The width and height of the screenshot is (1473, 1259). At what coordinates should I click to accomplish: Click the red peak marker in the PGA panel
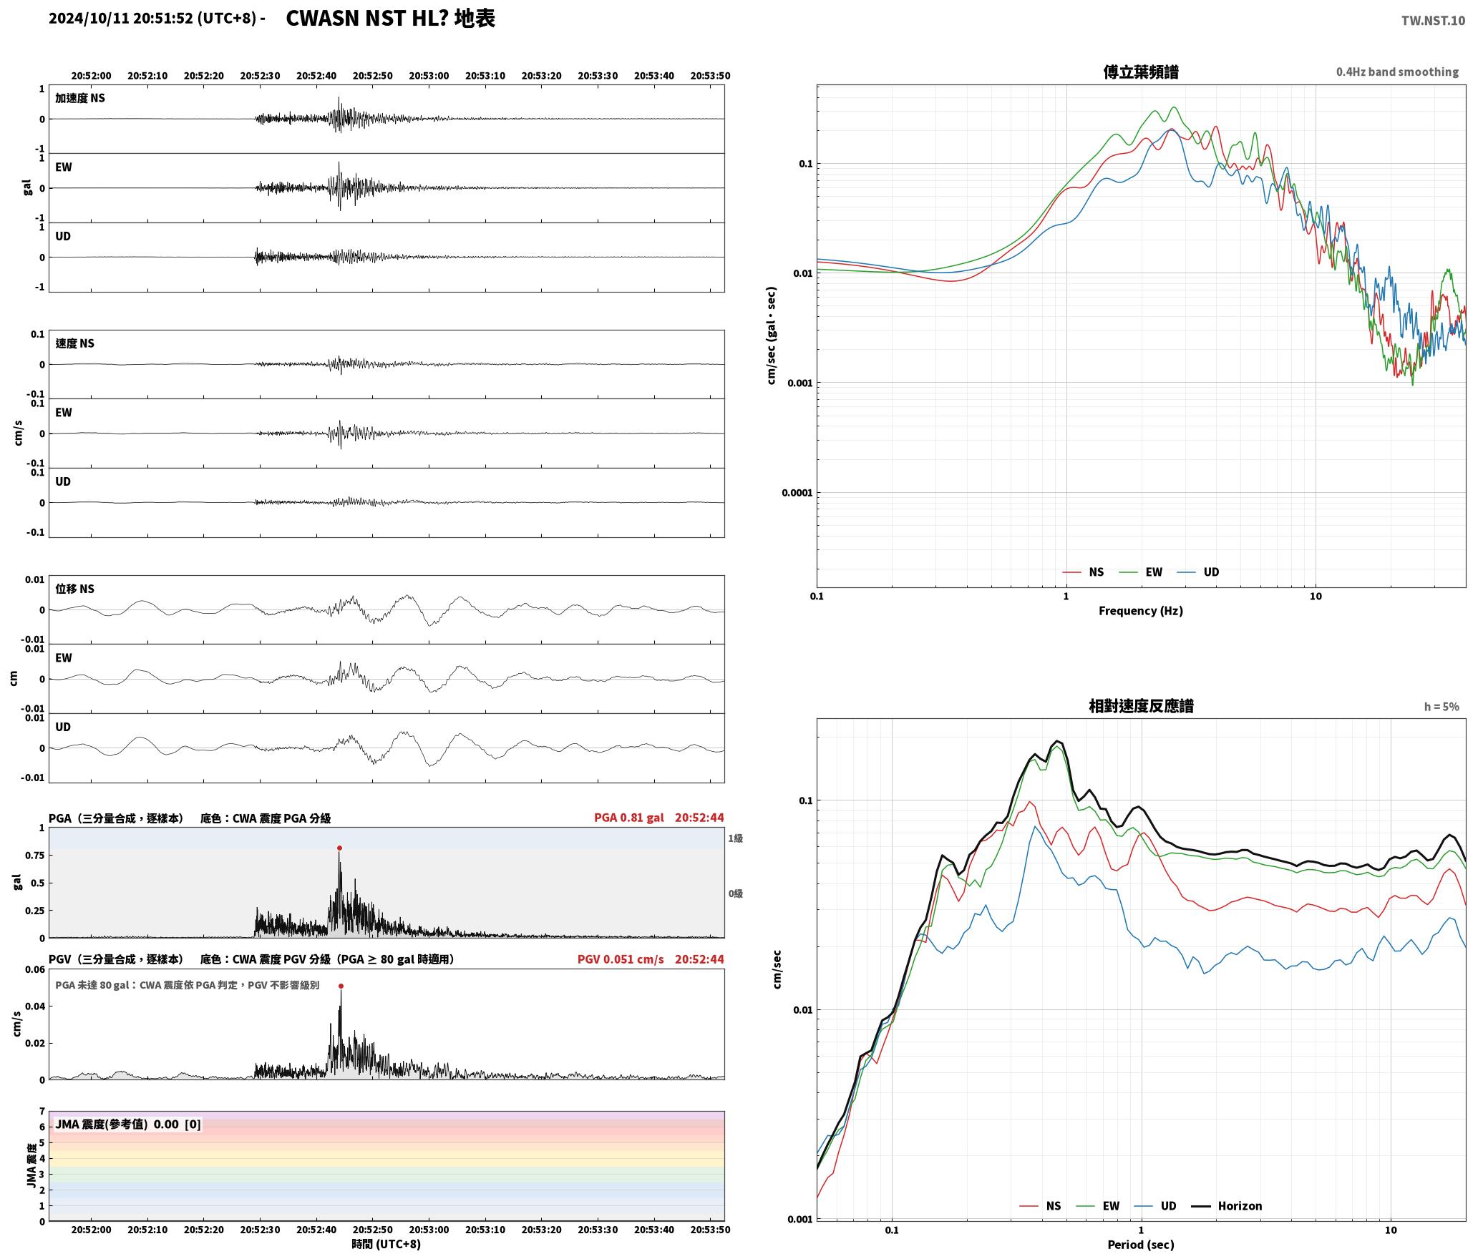click(x=339, y=848)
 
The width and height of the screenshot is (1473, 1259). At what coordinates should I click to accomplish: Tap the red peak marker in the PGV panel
click(x=341, y=986)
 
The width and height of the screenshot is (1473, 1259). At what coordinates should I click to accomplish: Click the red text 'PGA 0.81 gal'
click(x=628, y=818)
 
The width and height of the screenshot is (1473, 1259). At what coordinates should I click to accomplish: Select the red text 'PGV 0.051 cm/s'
click(x=621, y=959)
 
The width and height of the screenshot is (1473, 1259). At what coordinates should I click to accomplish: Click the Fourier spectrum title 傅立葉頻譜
click(x=1141, y=72)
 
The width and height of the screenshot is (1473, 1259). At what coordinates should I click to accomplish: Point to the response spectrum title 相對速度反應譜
click(x=1141, y=706)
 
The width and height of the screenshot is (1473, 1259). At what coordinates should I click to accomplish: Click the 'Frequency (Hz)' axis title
click(x=1141, y=611)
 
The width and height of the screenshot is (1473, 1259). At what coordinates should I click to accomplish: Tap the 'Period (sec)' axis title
click(x=1141, y=1245)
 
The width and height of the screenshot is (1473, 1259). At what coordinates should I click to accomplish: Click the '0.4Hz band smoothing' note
click(x=1397, y=72)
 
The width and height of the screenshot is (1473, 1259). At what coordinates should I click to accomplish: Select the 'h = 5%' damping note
click(x=1442, y=707)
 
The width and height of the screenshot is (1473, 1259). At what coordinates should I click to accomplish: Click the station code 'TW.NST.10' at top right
click(x=1433, y=21)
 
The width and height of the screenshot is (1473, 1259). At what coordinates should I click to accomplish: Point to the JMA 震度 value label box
click(x=128, y=1125)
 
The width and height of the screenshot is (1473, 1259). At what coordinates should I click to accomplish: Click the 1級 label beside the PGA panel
click(x=736, y=838)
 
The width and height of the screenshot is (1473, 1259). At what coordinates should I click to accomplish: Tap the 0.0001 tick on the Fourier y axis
click(x=796, y=493)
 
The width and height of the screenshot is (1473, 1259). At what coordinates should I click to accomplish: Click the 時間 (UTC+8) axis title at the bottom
click(x=386, y=1244)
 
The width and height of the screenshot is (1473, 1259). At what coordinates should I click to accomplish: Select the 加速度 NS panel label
click(x=80, y=98)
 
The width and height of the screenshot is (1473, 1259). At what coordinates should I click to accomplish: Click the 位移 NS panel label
click(x=75, y=589)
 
